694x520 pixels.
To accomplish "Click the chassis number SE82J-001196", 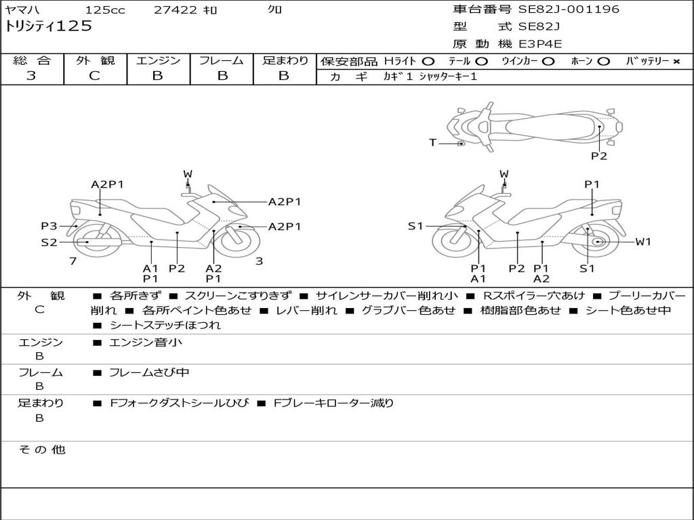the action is pyautogui.click(x=569, y=9).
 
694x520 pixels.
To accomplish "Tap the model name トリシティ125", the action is pyautogui.click(x=48, y=26).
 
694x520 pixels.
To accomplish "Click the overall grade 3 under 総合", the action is pyautogui.click(x=31, y=76).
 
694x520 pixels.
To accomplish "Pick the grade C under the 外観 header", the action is pyautogui.click(x=94, y=76).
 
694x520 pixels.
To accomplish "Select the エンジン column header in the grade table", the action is pyautogui.click(x=158, y=60).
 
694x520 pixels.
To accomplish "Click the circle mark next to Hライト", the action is pyautogui.click(x=428, y=62).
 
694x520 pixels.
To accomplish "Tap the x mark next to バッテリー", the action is pyautogui.click(x=676, y=62).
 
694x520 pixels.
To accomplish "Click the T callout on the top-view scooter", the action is pyautogui.click(x=432, y=142).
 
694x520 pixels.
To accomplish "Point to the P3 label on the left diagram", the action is pyautogui.click(x=49, y=226).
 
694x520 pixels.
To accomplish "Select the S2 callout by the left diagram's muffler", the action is pyautogui.click(x=49, y=242).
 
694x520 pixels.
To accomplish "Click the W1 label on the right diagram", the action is pyautogui.click(x=643, y=242).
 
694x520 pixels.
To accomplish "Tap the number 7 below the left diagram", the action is pyautogui.click(x=73, y=261).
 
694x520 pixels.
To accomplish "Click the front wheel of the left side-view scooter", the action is pyautogui.click(x=239, y=241).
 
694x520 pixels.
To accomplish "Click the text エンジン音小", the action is pyautogui.click(x=146, y=342).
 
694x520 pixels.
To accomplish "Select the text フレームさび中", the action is pyautogui.click(x=149, y=373).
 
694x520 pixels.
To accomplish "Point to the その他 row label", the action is pyautogui.click(x=42, y=450).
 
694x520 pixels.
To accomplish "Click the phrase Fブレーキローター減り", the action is pyautogui.click(x=333, y=403).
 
